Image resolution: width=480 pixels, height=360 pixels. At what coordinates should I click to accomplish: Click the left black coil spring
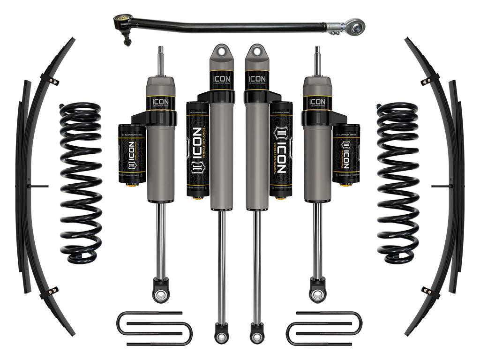[x=80, y=183]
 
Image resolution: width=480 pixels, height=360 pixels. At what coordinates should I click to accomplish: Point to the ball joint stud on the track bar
[x=127, y=41]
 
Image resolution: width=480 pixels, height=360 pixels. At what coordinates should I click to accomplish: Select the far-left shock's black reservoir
[x=132, y=155]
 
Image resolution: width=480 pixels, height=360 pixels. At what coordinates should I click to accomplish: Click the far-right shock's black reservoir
[x=346, y=155]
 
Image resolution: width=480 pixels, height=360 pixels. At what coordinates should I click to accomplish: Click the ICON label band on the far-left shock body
[x=161, y=103]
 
